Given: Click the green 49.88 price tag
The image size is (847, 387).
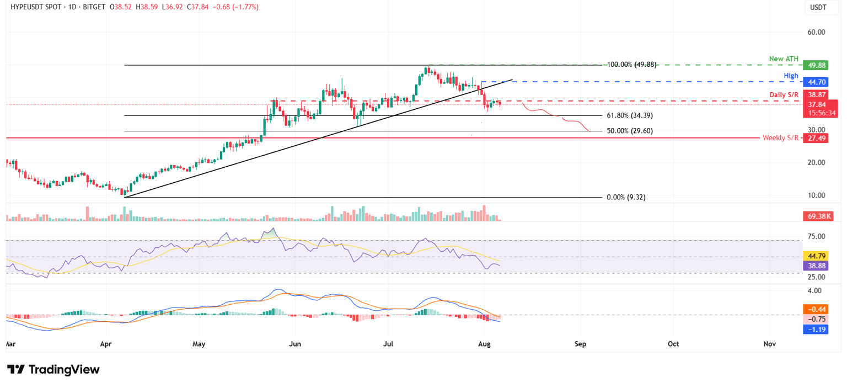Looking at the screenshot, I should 816,65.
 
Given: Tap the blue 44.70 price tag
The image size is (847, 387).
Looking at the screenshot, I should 816,82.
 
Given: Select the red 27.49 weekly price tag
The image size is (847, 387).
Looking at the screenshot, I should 816,138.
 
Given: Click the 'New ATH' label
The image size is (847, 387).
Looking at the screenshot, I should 783,59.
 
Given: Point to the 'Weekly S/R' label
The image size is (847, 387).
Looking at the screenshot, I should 780,138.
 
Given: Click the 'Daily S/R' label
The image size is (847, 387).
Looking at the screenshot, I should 783,96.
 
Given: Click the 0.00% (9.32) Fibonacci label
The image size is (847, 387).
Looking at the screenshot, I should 625,197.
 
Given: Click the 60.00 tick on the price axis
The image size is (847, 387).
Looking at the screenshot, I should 816,32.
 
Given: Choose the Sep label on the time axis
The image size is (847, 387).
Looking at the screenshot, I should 580,344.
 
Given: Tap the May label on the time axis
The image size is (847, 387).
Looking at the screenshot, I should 199,344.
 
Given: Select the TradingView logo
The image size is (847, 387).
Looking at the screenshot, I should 53,370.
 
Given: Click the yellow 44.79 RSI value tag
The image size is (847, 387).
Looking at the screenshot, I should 816,256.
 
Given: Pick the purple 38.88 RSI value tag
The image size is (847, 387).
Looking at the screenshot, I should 816,266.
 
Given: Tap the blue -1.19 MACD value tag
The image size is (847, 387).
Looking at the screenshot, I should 816,329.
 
